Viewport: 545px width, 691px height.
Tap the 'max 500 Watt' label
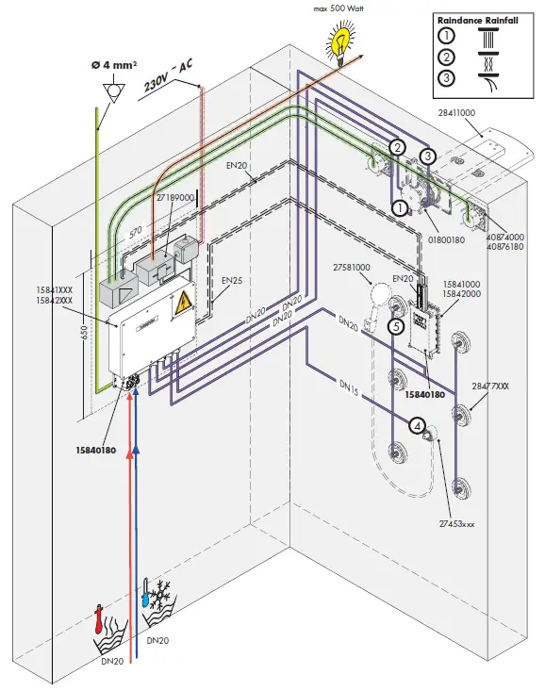tap(339, 8)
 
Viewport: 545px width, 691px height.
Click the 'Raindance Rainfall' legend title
tap(477, 21)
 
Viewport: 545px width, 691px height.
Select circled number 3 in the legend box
tap(446, 77)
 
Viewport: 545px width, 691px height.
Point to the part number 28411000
tap(456, 113)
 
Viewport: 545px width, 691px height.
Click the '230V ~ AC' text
tap(168, 74)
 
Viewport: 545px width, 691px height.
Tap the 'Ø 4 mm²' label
tap(114, 65)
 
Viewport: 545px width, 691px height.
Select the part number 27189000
tap(175, 197)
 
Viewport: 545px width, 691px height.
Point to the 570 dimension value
tap(136, 232)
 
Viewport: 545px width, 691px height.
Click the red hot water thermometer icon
tap(99, 619)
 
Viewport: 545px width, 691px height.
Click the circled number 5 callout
tap(396, 326)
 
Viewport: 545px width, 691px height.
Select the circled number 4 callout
tap(417, 425)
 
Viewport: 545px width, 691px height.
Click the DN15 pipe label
tap(349, 387)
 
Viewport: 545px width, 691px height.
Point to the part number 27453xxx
tap(456, 524)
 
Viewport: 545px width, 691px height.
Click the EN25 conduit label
tap(232, 280)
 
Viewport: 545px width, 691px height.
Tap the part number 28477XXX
tap(490, 387)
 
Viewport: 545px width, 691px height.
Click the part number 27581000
tap(352, 267)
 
